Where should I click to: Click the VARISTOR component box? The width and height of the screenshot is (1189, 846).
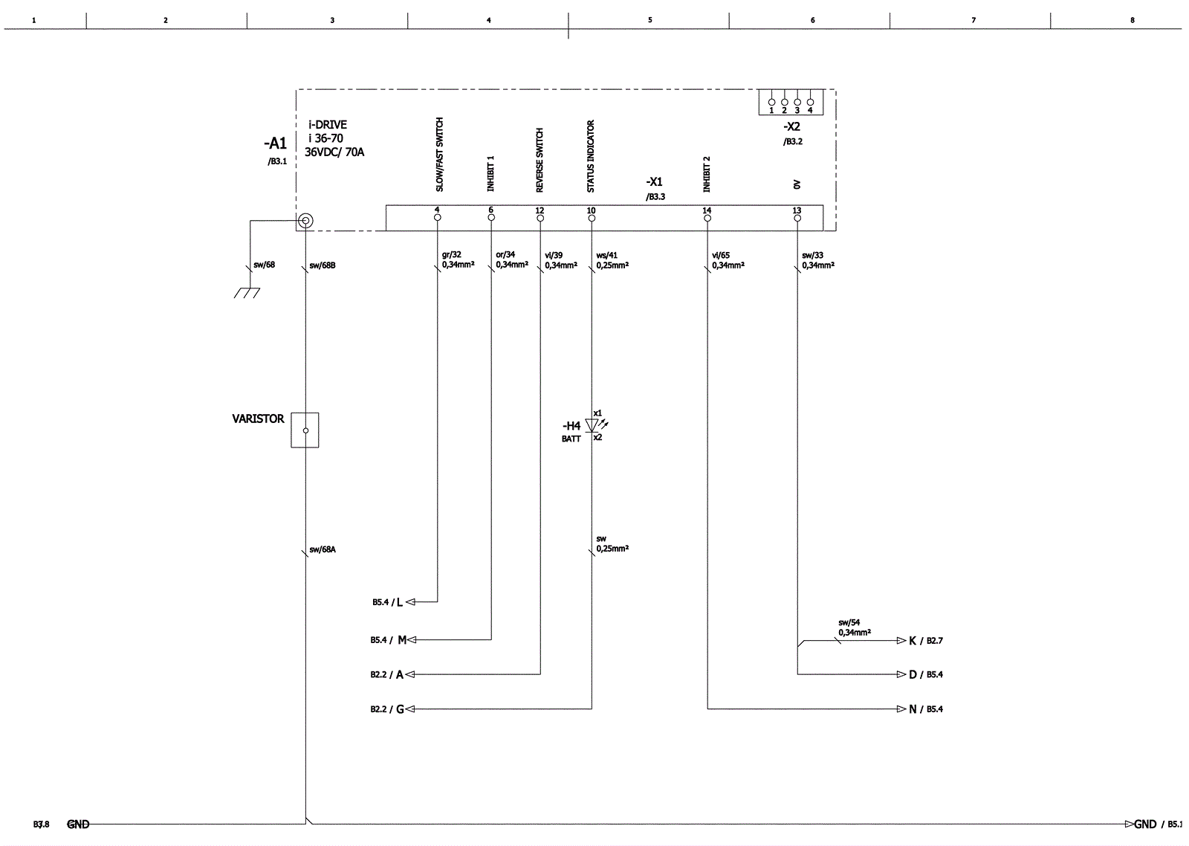305,430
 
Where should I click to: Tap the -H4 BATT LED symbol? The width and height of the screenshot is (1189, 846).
592,425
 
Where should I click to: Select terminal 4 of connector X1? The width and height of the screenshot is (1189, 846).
437,217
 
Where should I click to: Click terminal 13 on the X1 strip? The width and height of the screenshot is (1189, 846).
797,217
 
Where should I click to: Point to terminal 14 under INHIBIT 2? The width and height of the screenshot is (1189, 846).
707,217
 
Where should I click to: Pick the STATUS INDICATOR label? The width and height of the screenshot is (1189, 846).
591,156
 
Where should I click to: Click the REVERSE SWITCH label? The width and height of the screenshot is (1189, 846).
540,160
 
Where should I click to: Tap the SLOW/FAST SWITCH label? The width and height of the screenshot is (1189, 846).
439,154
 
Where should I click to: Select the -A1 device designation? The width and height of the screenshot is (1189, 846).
275,144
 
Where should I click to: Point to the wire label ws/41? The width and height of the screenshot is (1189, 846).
606,255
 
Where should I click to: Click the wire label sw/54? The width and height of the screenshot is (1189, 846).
849,623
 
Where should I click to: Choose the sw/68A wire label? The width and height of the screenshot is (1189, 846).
323,549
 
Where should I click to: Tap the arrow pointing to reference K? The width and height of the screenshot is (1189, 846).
901,640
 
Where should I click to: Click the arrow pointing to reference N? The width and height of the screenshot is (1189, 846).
901,709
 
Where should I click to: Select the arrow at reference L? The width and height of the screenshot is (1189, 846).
410,601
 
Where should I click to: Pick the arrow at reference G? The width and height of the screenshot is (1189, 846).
410,709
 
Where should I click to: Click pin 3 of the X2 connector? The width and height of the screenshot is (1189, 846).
797,102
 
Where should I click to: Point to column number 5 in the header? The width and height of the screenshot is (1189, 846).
649,20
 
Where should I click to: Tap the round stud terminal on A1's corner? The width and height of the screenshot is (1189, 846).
305,221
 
